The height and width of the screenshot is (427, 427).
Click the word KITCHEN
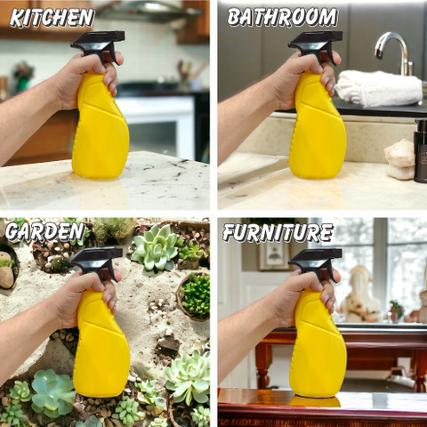tap(52, 18)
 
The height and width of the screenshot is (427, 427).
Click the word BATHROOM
tap(282, 17)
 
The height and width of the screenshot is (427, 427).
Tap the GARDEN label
tap(45, 231)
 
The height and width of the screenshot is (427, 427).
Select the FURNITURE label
tap(278, 232)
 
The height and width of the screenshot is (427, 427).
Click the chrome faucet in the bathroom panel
tap(394, 51)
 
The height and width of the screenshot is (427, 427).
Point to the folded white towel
tap(379, 88)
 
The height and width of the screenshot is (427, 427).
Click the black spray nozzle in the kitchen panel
tap(99, 45)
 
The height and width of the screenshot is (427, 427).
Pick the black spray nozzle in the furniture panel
tap(316, 262)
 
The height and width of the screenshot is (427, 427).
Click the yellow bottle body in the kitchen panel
tap(101, 131)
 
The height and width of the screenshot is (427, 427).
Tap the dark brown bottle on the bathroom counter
tap(421, 150)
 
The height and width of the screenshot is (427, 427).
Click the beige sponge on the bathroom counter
tap(399, 159)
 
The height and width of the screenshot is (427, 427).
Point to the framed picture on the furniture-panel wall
tap(273, 256)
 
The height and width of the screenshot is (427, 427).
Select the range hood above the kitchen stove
tap(149, 12)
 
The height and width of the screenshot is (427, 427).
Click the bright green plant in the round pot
tap(195, 295)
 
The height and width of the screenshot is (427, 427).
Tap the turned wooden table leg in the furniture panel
tap(263, 366)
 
